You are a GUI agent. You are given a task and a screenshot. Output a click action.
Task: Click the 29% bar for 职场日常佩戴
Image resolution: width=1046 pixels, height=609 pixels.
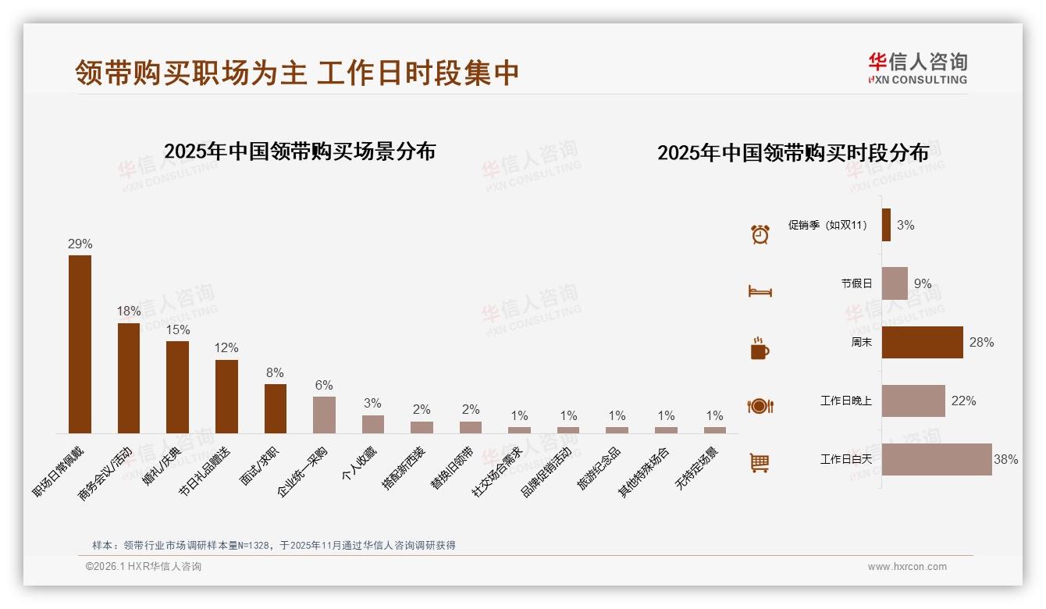tap(80, 344)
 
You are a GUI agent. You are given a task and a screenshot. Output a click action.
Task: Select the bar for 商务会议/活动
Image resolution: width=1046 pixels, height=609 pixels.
tap(129, 378)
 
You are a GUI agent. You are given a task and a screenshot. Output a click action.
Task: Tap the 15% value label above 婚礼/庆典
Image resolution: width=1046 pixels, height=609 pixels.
tap(177, 330)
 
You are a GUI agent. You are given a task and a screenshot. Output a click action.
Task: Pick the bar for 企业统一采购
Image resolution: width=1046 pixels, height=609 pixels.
tap(324, 415)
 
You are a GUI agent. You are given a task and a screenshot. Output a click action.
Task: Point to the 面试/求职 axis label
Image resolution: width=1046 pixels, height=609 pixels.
tap(263, 467)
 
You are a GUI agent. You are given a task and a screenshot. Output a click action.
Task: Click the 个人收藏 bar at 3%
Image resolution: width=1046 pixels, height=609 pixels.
tap(373, 424)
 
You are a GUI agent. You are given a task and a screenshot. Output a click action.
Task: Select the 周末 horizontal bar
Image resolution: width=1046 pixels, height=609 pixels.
tap(922, 342)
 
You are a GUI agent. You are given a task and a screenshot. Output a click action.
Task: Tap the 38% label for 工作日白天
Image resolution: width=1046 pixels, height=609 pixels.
tap(1005, 460)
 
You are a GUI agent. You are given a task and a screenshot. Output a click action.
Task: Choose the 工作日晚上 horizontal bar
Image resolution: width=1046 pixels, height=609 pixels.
tap(913, 401)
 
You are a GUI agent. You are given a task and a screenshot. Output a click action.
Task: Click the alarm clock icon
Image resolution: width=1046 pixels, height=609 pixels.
tap(760, 234)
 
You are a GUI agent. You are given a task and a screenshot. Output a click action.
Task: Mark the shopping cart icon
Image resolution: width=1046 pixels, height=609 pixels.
tap(760, 463)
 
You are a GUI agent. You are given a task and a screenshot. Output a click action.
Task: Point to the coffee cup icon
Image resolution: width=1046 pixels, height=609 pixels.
tap(760, 348)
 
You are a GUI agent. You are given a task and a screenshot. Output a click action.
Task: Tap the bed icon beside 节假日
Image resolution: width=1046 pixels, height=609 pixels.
tap(760, 291)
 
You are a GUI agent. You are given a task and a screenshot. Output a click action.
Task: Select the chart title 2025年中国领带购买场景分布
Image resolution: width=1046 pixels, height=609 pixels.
tap(300, 151)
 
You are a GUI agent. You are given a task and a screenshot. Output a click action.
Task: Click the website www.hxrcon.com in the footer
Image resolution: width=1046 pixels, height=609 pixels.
tap(907, 567)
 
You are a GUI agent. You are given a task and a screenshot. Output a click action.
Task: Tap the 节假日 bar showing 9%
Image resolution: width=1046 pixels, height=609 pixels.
tap(895, 283)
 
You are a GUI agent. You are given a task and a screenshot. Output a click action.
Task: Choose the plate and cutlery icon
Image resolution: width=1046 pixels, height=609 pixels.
tap(760, 406)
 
